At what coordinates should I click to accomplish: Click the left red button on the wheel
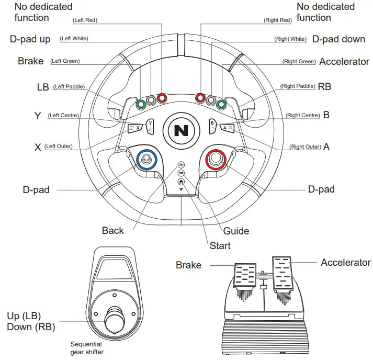point(162,98)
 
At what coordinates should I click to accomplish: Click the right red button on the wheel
point(200,98)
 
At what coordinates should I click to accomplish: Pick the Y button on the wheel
point(150,125)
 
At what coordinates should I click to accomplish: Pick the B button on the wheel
point(212,125)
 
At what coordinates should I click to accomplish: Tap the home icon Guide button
point(181,182)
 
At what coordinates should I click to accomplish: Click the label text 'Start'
point(220,245)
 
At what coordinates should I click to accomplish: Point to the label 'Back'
point(113,231)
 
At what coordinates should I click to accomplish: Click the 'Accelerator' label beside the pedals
point(345,262)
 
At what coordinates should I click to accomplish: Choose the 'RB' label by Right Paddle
point(324,86)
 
